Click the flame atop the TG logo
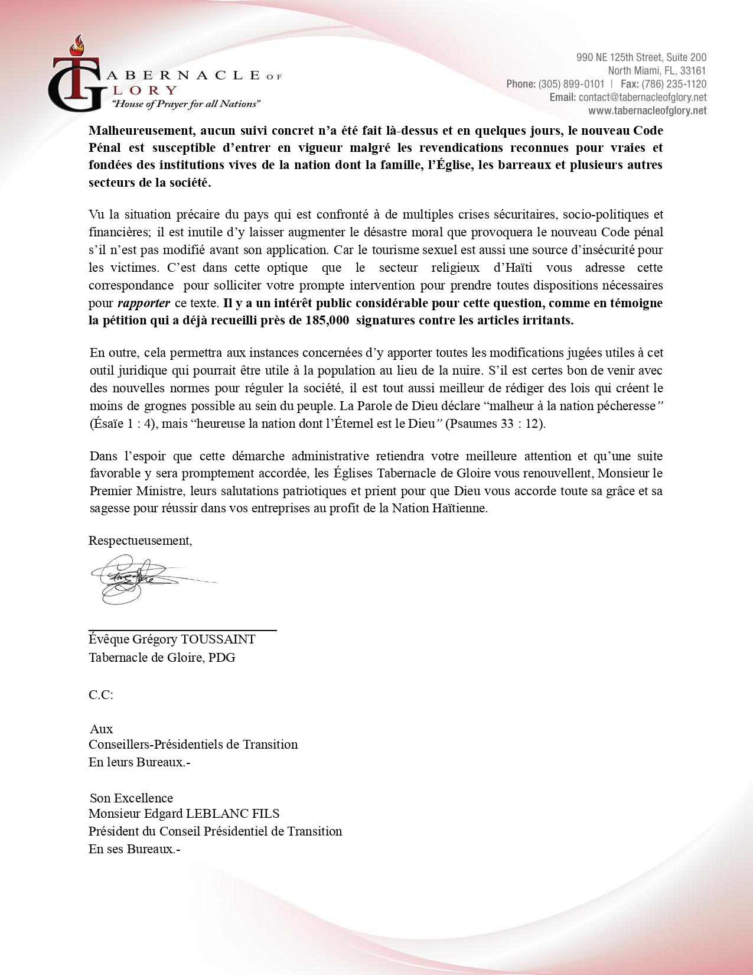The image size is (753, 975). tap(76, 44)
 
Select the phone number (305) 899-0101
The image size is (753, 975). tap(571, 84)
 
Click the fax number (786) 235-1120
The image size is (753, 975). tap(674, 84)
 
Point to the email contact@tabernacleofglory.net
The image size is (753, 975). tap(643, 97)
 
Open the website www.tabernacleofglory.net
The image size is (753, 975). tap(647, 110)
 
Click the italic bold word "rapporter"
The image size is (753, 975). tap(144, 303)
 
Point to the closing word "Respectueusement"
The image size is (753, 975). tap(139, 541)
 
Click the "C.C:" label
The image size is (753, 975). tap(101, 695)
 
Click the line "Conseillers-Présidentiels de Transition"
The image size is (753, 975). tap(193, 745)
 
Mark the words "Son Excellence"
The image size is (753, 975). tap(131, 798)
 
